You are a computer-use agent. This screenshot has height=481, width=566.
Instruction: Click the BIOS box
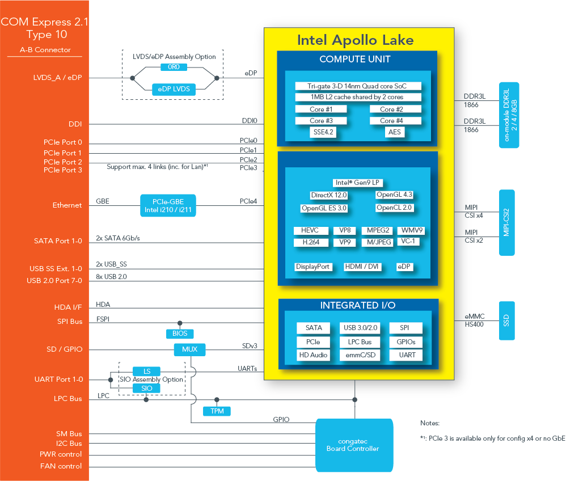click(x=180, y=334)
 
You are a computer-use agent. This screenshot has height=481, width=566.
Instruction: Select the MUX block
click(x=189, y=349)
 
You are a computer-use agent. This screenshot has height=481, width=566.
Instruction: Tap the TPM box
click(x=217, y=411)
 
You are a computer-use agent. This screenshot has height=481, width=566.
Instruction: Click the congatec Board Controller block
click(x=354, y=445)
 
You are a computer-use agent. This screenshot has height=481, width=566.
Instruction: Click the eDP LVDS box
click(x=174, y=89)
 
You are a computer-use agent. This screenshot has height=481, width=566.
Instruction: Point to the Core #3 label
click(x=321, y=121)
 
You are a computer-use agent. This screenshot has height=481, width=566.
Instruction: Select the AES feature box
click(x=394, y=132)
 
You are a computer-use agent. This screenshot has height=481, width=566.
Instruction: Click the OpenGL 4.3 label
click(x=394, y=195)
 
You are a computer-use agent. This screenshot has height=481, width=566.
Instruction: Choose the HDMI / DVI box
click(x=362, y=267)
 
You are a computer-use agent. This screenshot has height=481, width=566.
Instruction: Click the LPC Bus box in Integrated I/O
click(x=358, y=342)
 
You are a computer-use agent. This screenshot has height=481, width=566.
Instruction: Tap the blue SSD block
click(x=506, y=320)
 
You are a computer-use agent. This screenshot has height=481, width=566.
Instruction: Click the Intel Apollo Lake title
click(x=355, y=40)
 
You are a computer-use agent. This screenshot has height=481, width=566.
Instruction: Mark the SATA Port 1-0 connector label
click(x=58, y=241)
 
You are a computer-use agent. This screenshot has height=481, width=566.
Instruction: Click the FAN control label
click(x=61, y=466)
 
